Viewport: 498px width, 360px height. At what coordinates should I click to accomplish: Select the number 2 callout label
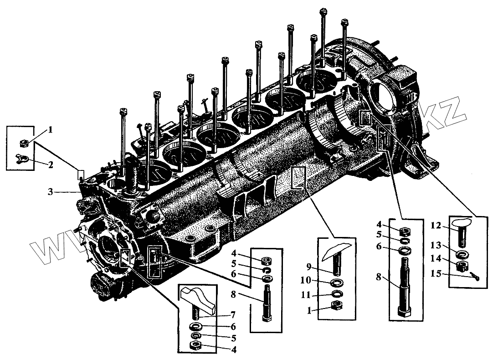point(51,164)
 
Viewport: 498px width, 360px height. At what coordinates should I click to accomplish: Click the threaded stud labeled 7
point(197,313)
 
